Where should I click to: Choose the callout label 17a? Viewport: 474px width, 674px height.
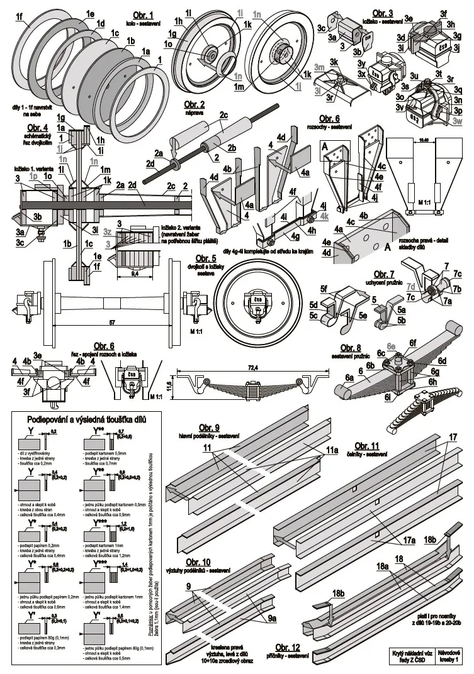click(x=409, y=539)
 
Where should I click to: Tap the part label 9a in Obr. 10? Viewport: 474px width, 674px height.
click(x=272, y=619)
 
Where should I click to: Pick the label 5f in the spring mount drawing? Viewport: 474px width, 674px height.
click(x=325, y=289)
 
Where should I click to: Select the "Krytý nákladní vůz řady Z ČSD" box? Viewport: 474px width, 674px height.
click(x=410, y=657)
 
